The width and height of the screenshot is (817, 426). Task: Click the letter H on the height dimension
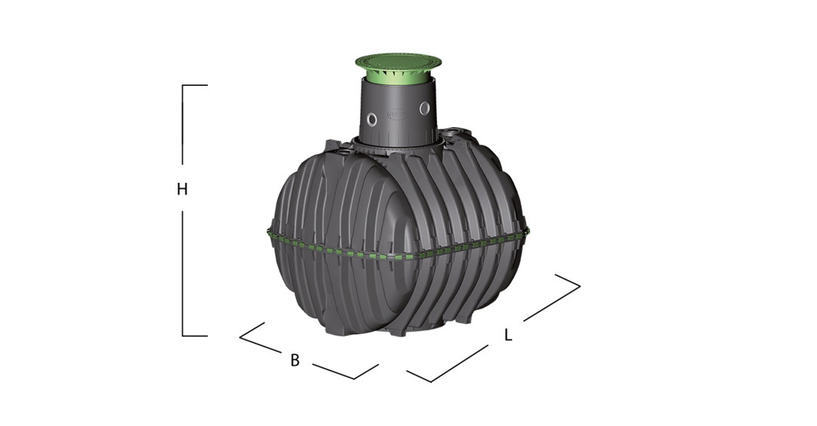[x=181, y=188]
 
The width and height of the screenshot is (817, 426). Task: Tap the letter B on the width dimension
[x=295, y=360]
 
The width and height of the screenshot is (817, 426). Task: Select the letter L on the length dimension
[x=508, y=335]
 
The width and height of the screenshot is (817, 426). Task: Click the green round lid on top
[x=398, y=62]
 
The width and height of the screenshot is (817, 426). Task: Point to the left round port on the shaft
[x=371, y=120]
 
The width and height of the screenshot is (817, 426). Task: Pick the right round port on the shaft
[x=425, y=108]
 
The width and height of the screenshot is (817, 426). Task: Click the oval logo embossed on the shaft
[x=397, y=114]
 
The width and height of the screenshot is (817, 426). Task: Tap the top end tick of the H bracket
[x=195, y=85]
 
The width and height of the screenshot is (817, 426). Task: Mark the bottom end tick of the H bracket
[x=195, y=336]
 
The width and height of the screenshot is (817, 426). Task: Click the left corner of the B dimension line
[x=240, y=337]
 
